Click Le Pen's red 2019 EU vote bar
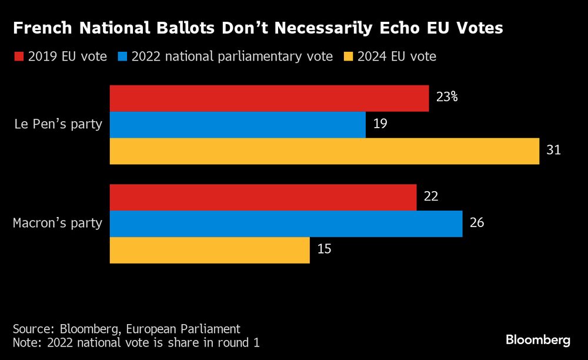pyautogui.click(x=269, y=98)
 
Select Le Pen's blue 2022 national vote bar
pyautogui.click(x=238, y=125)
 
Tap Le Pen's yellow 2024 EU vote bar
pyautogui.click(x=324, y=151)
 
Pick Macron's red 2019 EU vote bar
pyautogui.click(x=263, y=197)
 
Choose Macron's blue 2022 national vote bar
pyautogui.click(x=286, y=224)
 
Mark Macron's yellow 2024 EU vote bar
pyautogui.click(x=209, y=250)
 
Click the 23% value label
pyautogui.click(x=447, y=98)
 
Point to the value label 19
pyautogui.click(x=380, y=124)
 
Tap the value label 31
pyautogui.click(x=553, y=151)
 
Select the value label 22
pyautogui.click(x=431, y=196)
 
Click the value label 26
pyautogui.click(x=477, y=223)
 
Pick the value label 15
pyautogui.click(x=324, y=249)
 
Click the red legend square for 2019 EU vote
pyautogui.click(x=19, y=57)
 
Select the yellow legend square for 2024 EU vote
pyautogui.click(x=349, y=57)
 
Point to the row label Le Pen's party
pyautogui.click(x=58, y=125)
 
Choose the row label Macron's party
pyautogui.click(x=58, y=224)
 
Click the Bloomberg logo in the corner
pyautogui.click(x=538, y=340)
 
